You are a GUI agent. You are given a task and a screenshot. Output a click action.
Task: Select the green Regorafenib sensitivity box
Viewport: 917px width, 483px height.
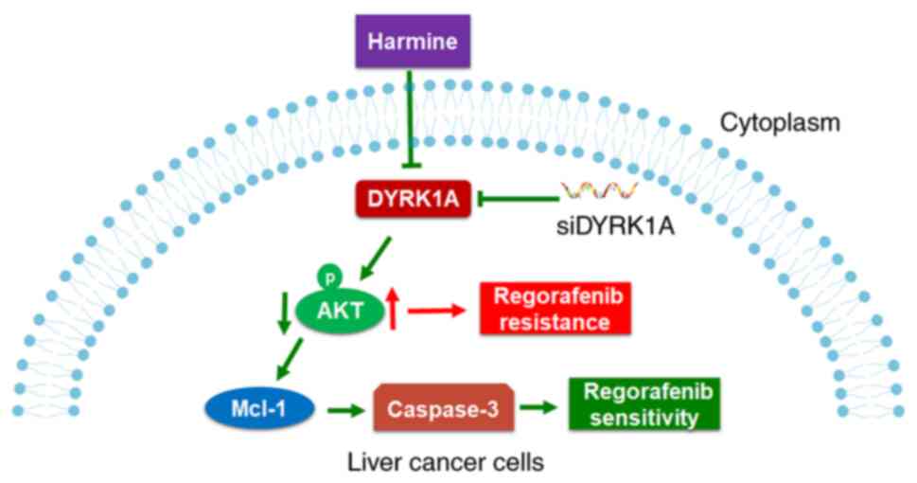(x=640, y=404)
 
